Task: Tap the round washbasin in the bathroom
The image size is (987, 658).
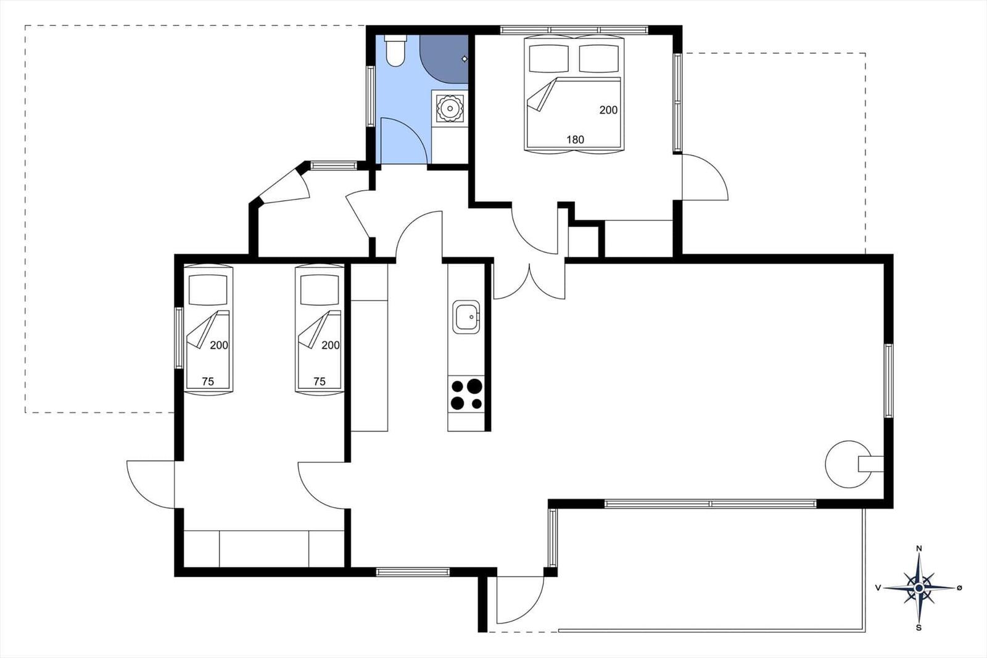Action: [450, 107]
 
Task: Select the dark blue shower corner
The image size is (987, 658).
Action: [444, 59]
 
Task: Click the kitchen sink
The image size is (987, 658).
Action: [466, 317]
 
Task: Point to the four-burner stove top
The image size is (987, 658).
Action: [466, 394]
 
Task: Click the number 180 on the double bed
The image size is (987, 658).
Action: [575, 140]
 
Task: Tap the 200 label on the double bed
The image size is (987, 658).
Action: [608, 110]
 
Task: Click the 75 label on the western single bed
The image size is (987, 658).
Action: [208, 381]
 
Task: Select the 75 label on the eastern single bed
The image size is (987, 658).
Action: [320, 381]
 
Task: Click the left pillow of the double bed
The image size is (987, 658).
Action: [549, 58]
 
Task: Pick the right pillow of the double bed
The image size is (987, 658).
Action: [599, 58]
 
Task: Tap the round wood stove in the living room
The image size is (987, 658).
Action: [849, 464]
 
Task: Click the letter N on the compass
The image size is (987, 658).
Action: [919, 549]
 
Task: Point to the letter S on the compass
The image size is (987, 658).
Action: [919, 628]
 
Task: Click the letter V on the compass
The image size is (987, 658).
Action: [878, 588]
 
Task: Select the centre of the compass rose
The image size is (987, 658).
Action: [919, 588]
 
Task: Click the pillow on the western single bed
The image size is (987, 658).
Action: [208, 289]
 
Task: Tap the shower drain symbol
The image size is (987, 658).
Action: [465, 59]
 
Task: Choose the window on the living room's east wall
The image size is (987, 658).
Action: [889, 381]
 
